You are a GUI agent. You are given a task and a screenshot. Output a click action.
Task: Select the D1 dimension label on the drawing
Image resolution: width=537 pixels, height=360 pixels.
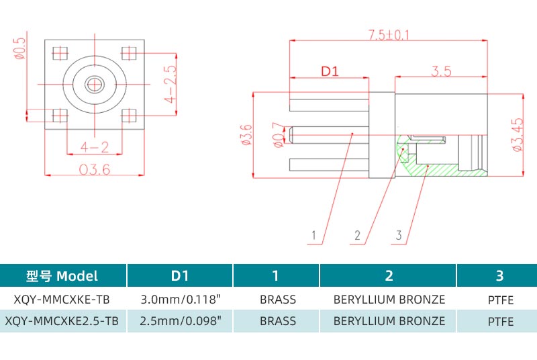(x=328, y=71)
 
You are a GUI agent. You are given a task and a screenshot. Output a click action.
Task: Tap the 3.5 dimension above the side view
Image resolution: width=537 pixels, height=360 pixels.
(x=441, y=71)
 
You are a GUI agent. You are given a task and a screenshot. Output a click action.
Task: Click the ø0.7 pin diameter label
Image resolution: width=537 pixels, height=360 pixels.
(x=277, y=134)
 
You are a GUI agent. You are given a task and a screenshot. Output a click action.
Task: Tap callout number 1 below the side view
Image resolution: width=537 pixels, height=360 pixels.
(x=313, y=235)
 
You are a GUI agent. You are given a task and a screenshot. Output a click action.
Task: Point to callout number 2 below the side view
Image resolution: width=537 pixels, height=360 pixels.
(x=358, y=235)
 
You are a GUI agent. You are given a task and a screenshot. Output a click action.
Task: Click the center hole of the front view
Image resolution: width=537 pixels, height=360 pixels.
(x=95, y=84)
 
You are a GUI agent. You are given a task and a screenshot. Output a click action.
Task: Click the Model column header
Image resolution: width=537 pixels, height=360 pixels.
(x=62, y=275)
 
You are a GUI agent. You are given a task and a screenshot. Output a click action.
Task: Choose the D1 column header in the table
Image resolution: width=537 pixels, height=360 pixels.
(x=180, y=275)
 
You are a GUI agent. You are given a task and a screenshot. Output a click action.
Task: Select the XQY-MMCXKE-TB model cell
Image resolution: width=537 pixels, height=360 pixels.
(x=62, y=300)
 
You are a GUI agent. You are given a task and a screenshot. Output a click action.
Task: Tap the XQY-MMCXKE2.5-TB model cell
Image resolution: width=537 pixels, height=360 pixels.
(x=62, y=321)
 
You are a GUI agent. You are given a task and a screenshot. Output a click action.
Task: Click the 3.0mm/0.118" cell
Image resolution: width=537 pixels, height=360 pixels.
(x=180, y=300)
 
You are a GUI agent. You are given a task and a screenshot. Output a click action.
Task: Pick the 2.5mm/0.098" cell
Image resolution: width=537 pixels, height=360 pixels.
(x=180, y=321)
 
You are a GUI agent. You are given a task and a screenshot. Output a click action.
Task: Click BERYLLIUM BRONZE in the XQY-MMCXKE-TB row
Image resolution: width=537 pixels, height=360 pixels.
(x=389, y=300)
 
